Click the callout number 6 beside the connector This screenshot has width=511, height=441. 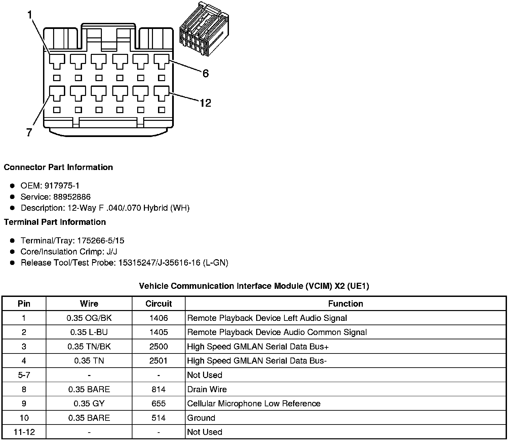[205, 73]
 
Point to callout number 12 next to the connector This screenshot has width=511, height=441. [205, 103]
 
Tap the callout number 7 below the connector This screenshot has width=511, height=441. [29, 133]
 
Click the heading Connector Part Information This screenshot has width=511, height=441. [58, 167]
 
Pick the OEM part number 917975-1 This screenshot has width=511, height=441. [64, 185]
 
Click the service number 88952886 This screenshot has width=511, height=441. [72, 197]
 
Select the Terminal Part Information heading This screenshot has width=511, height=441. [55, 222]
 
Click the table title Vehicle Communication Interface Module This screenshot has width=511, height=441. [254, 286]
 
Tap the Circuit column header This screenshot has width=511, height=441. [158, 304]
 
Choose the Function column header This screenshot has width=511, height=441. [345, 304]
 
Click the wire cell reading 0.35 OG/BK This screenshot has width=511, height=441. [89, 318]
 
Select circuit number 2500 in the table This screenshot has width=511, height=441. [158, 346]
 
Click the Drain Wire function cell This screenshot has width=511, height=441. [207, 389]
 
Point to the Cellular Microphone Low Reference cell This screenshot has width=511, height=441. [253, 404]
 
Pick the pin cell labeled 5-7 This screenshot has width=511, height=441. [24, 375]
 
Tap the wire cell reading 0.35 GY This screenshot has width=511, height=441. [89, 404]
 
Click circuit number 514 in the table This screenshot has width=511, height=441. [158, 418]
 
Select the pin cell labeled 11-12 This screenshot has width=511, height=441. [24, 432]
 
